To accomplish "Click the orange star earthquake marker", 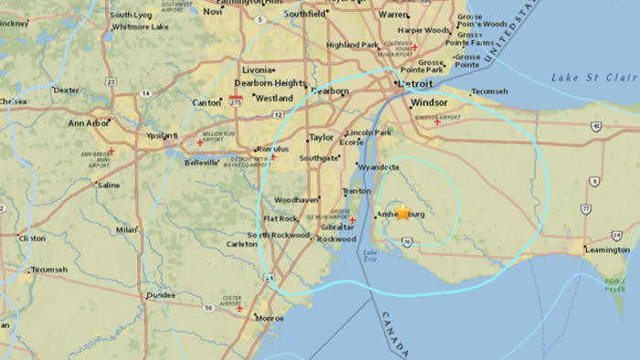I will pos(402,213).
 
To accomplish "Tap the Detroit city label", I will pos(413,83).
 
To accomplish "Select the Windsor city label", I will pos(430,103).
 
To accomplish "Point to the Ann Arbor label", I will pos(88,122).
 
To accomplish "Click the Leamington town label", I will pos(609,249).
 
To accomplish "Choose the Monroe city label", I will pos(271,318).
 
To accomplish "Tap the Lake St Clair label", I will pos(594,79).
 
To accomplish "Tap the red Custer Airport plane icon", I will pos(240,308).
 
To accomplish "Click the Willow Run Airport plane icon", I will pos(199,143).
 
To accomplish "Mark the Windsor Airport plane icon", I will pos(438,122).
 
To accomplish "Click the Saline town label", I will pos(109,185).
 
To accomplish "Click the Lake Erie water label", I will pos(369,257).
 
